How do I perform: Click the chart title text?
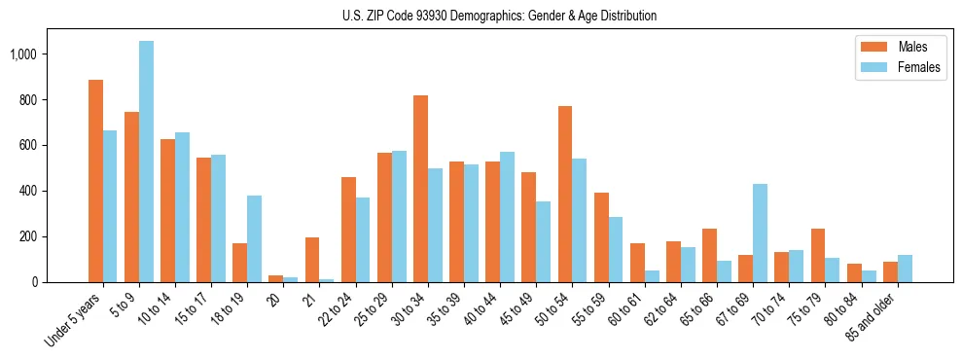click(499, 16)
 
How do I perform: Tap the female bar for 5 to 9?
click(146, 162)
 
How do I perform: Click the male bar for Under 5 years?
click(95, 181)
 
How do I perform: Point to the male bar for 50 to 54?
click(565, 194)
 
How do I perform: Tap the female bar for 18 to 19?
click(254, 238)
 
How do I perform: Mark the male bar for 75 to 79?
click(818, 255)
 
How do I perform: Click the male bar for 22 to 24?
click(348, 230)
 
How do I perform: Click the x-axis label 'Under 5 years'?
click(75, 321)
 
